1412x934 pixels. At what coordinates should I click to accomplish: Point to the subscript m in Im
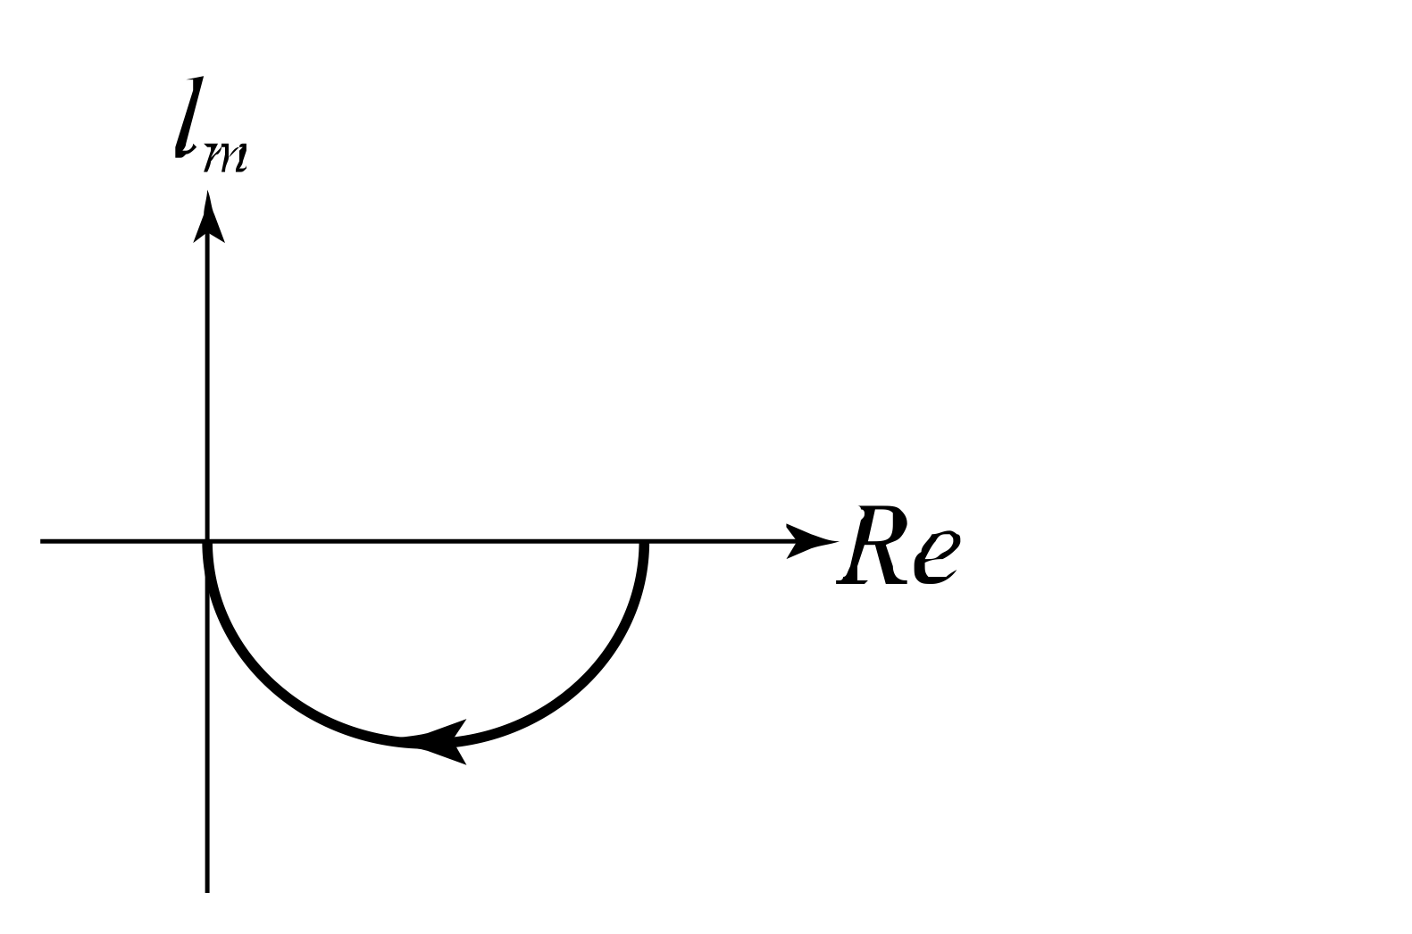pyautogui.click(x=225, y=157)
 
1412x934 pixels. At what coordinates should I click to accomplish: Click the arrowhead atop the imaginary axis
pyautogui.click(x=208, y=219)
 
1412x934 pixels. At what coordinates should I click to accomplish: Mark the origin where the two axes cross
pyautogui.click(x=208, y=541)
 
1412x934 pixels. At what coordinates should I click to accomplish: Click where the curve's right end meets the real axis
pyautogui.click(x=644, y=542)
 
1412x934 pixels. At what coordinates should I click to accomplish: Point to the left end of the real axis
pyautogui.click(x=42, y=541)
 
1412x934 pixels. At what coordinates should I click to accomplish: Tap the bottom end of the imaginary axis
pyautogui.click(x=208, y=889)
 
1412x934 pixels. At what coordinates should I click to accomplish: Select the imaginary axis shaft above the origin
pyautogui.click(x=208, y=384)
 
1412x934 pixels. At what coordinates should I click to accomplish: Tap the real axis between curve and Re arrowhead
pyautogui.click(x=714, y=541)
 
